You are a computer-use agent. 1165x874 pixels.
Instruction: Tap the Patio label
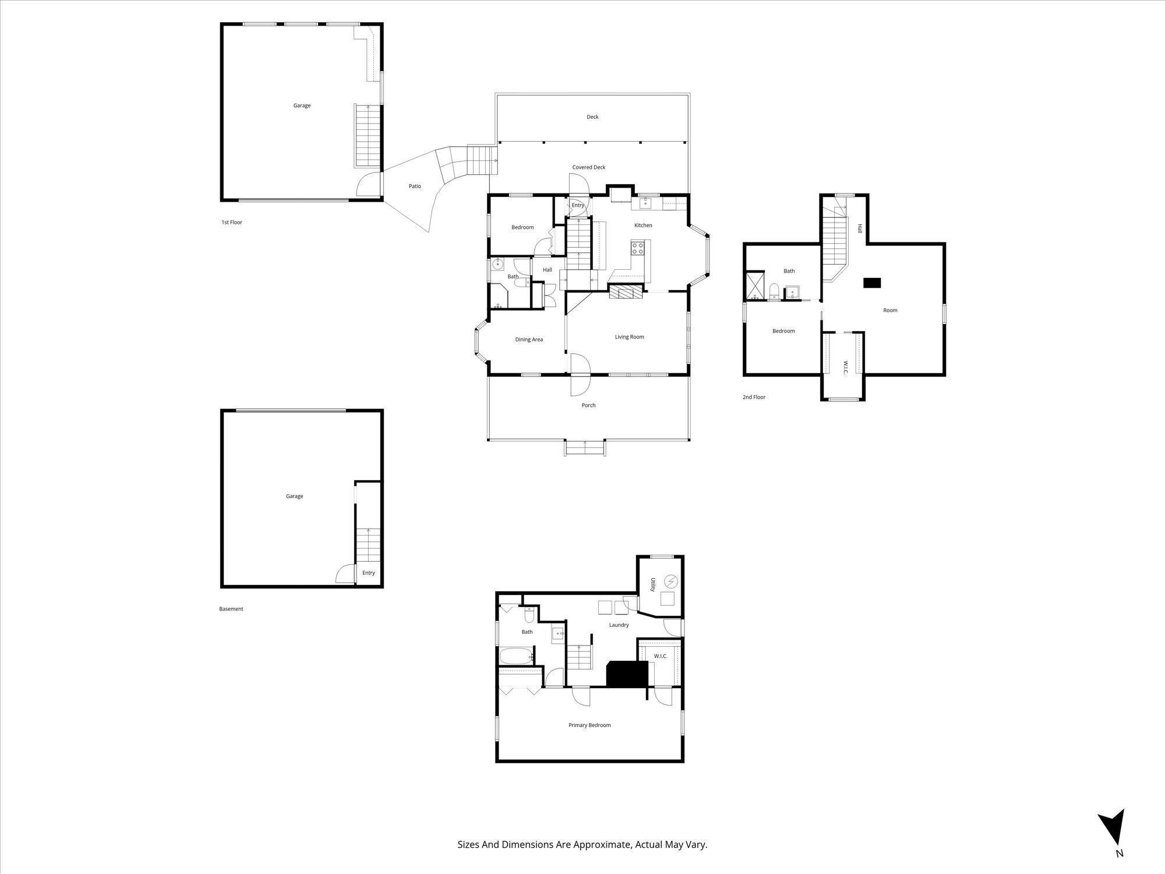pyautogui.click(x=415, y=186)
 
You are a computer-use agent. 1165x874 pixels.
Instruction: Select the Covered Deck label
pyautogui.click(x=588, y=167)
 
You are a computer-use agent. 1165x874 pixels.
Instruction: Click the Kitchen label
pyautogui.click(x=643, y=225)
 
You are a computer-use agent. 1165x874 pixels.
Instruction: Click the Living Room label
pyautogui.click(x=629, y=337)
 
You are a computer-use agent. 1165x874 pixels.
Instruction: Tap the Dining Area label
pyautogui.click(x=529, y=340)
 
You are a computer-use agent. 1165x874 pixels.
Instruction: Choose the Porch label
pyautogui.click(x=588, y=406)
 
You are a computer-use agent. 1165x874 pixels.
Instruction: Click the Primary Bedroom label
pyautogui.click(x=589, y=725)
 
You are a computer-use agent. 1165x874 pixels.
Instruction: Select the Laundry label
pyautogui.click(x=619, y=625)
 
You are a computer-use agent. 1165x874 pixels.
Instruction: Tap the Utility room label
pyautogui.click(x=654, y=585)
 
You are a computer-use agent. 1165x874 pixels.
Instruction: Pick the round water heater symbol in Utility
pyautogui.click(x=671, y=581)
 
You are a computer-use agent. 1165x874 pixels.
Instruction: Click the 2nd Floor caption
pyautogui.click(x=754, y=397)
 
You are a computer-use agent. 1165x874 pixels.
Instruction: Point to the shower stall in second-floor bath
pyautogui.click(x=755, y=286)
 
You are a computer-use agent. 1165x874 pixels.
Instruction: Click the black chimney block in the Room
pyautogui.click(x=872, y=283)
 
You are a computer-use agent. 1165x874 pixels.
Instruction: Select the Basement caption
pyautogui.click(x=231, y=609)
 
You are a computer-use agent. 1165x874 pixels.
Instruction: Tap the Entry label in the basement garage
pyautogui.click(x=369, y=573)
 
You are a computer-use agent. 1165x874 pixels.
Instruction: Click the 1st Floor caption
pyautogui.click(x=231, y=223)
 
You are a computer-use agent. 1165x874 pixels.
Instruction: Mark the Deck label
pyautogui.click(x=592, y=117)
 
